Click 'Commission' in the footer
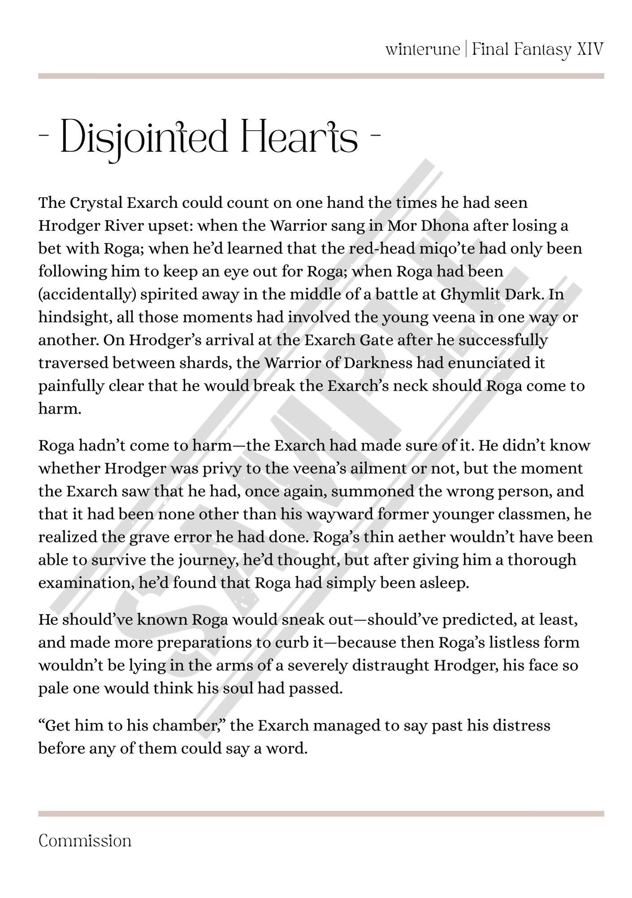[85, 841]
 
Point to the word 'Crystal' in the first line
[96, 203]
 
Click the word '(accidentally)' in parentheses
[87, 295]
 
